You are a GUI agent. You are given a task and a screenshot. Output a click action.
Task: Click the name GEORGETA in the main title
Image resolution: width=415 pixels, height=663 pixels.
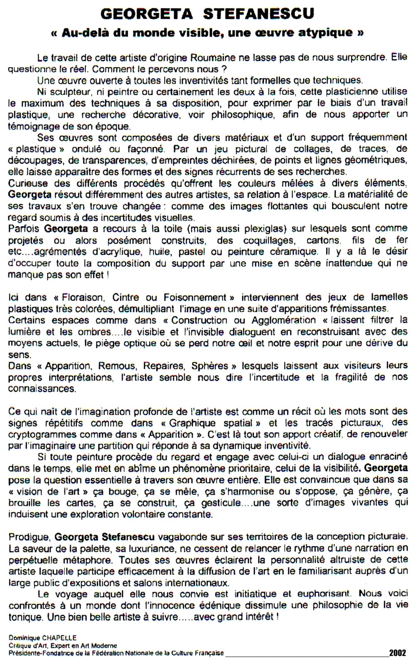(x=146, y=14)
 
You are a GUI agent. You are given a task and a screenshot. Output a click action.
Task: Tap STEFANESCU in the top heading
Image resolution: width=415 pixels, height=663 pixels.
(x=259, y=14)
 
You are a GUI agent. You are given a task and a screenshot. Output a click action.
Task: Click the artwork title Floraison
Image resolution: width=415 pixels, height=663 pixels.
(x=81, y=297)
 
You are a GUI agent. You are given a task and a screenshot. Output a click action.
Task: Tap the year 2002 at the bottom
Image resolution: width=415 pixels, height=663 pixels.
(x=397, y=653)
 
